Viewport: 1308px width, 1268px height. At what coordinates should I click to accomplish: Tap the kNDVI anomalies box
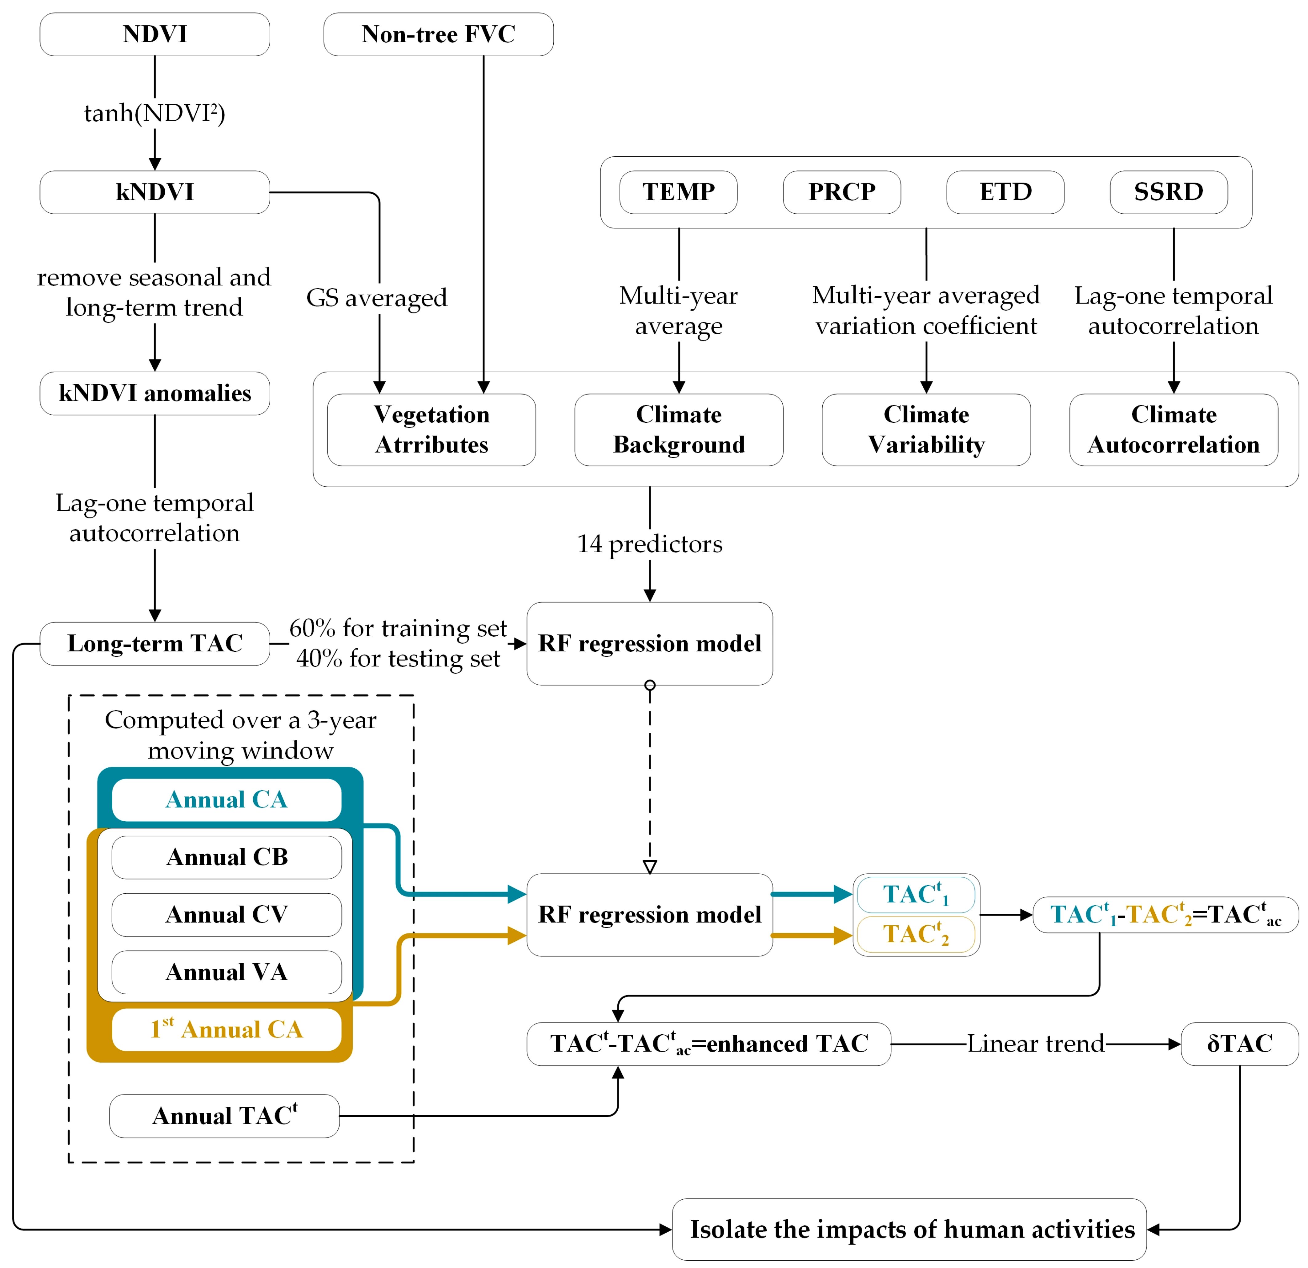(x=155, y=393)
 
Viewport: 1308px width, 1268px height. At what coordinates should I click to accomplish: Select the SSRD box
(x=1169, y=192)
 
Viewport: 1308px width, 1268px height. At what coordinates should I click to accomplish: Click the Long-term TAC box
(x=155, y=643)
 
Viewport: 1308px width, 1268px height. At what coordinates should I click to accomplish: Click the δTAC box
(x=1239, y=1044)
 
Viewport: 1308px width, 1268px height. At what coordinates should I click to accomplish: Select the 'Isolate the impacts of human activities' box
(x=912, y=1229)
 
